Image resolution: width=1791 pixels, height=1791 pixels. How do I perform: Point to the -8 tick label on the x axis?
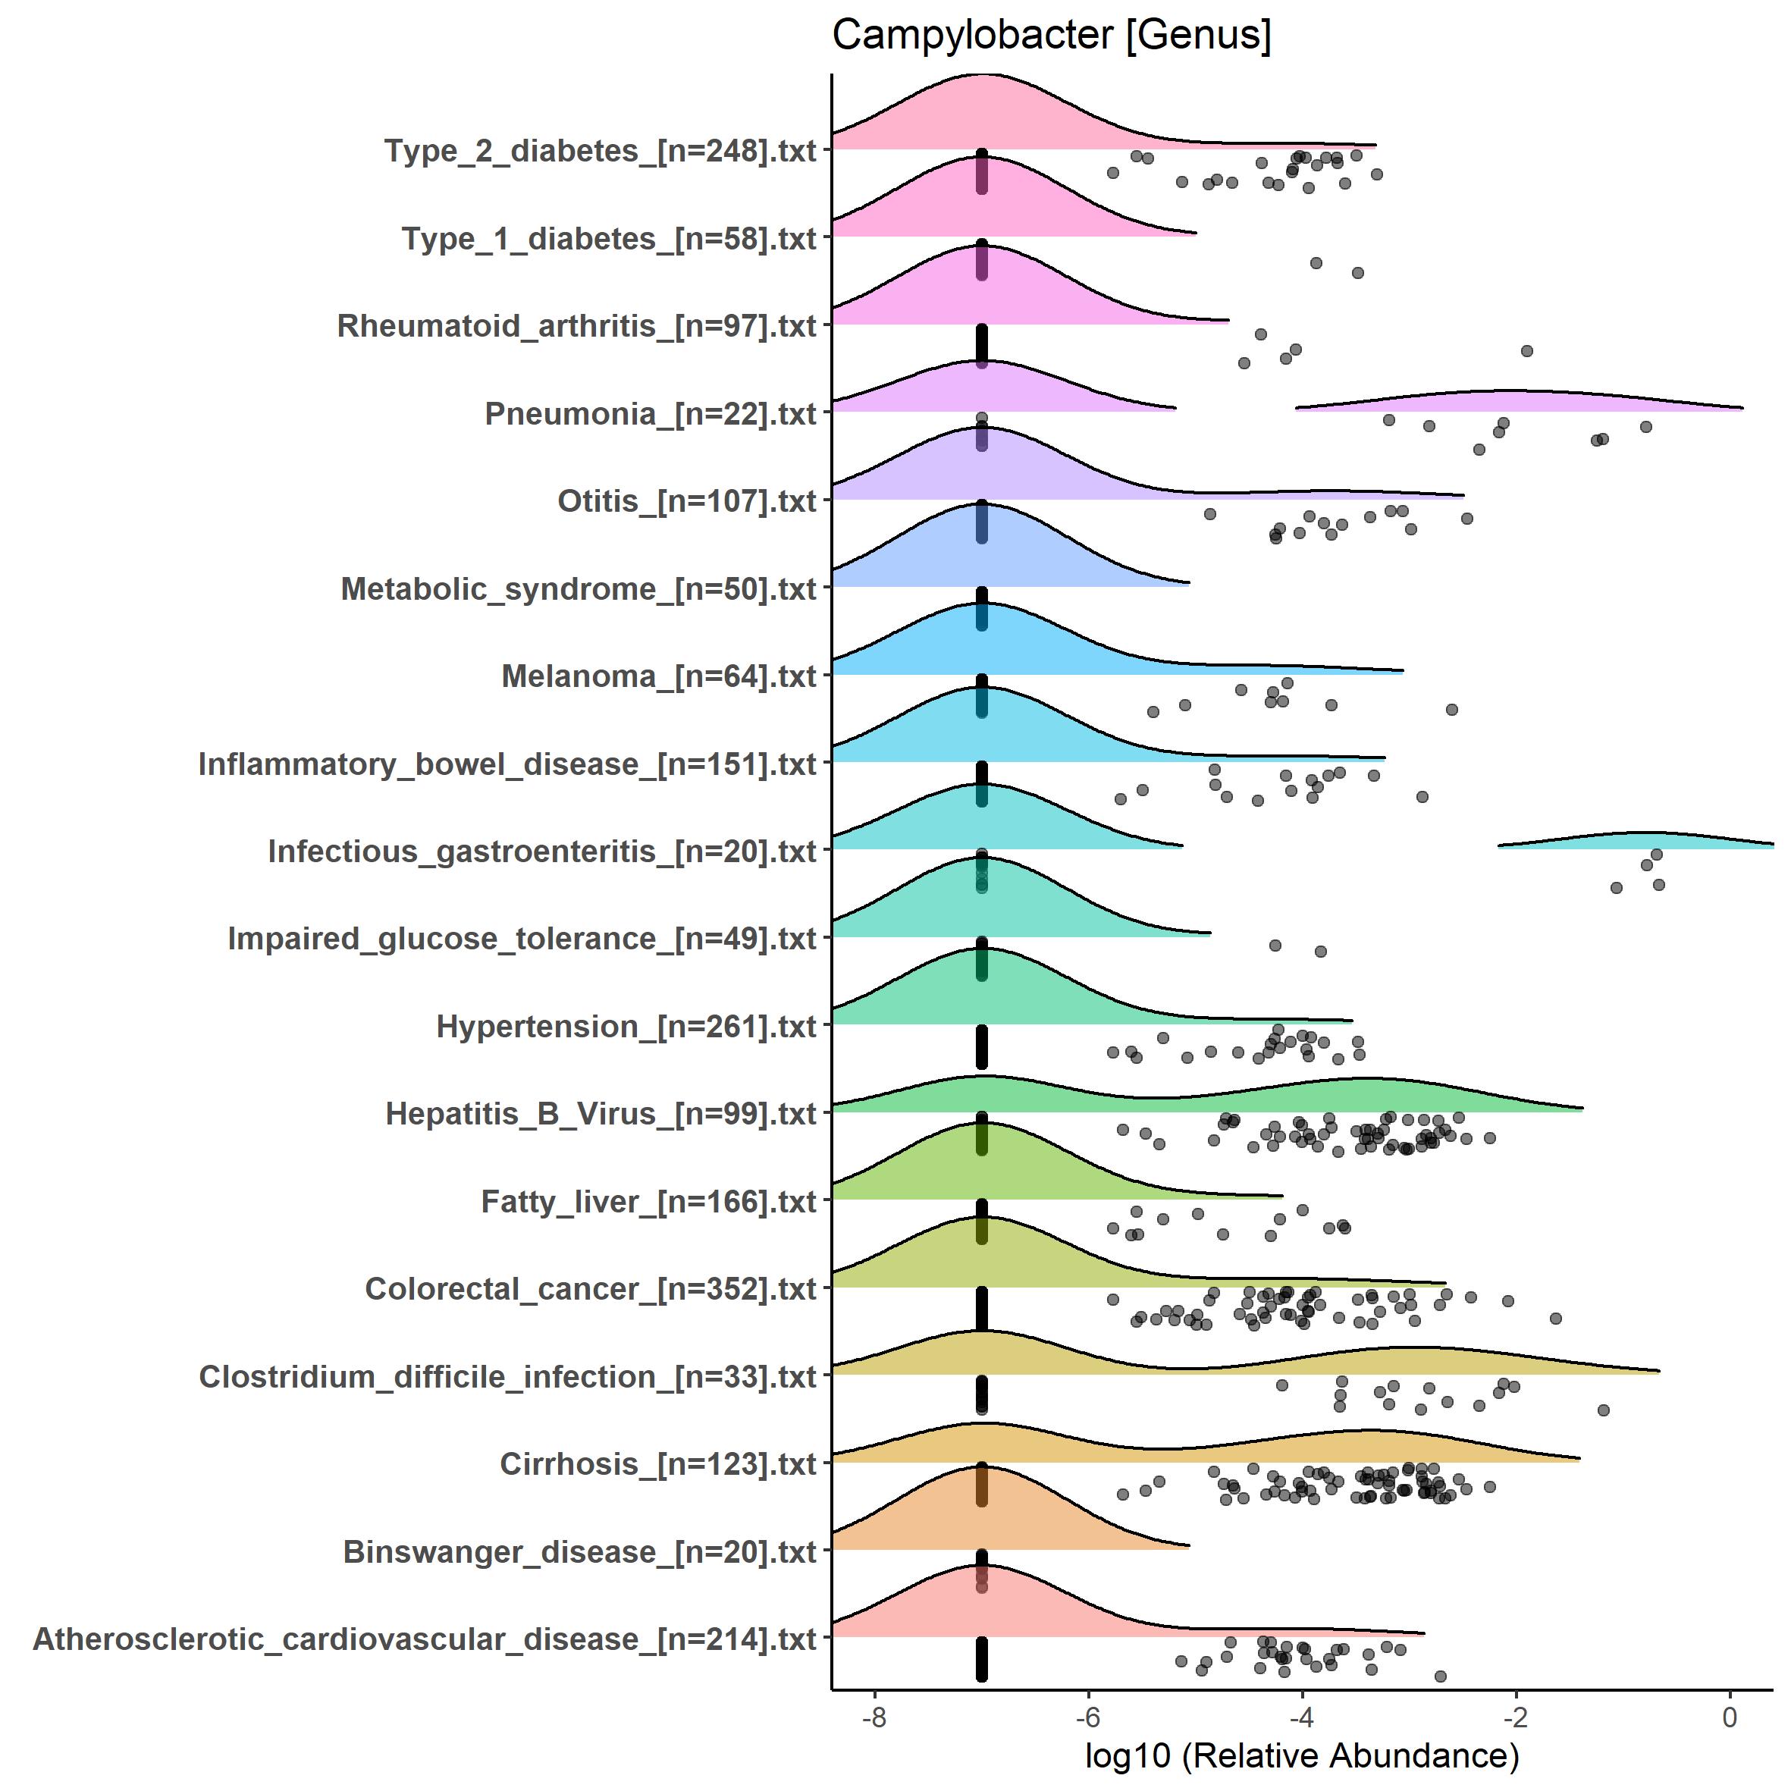coord(874,1717)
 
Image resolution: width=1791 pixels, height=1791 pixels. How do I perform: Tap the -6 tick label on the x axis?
coord(1087,1717)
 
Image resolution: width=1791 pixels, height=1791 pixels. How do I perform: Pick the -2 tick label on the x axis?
coord(1515,1717)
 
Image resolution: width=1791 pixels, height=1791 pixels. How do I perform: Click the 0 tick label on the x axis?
coord(1729,1717)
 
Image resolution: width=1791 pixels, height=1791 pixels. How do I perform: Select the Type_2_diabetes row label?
coord(601,150)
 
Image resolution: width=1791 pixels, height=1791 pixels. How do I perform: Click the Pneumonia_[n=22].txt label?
coord(651,413)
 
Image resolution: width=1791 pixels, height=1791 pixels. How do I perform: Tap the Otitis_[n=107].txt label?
coord(687,500)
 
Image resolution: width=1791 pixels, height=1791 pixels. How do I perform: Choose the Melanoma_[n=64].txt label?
coord(659,676)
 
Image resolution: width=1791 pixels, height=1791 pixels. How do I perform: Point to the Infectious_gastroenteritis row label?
coord(542,851)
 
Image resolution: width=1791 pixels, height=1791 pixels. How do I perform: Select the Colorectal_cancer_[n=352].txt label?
coord(591,1288)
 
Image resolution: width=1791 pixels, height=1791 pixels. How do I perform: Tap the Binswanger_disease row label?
coord(579,1552)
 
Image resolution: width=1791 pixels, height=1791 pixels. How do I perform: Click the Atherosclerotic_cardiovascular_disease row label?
coord(425,1639)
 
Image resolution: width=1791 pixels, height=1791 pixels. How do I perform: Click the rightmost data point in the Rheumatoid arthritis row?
coord(1527,350)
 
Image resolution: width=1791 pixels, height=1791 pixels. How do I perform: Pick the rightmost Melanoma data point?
coord(1452,709)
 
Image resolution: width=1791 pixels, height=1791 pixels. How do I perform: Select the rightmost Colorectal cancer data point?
coord(1555,1318)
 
